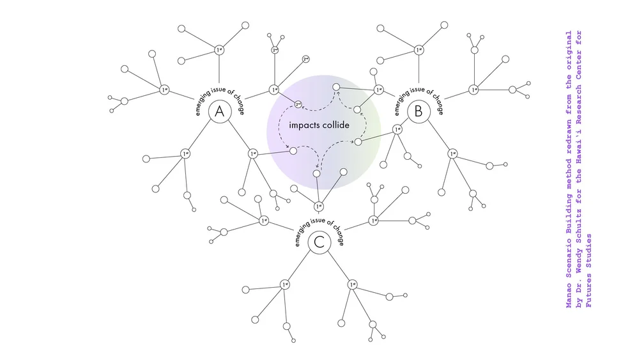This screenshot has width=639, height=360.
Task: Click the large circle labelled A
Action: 219,113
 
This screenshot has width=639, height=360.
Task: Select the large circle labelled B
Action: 419,113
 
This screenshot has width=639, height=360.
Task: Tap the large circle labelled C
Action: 319,243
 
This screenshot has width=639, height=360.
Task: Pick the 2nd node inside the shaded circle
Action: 298,104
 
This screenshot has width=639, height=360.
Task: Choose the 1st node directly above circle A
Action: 219,50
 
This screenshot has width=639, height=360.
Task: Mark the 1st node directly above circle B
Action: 419,50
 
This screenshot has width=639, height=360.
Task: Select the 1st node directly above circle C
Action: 319,207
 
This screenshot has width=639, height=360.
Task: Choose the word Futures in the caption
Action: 589,291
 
